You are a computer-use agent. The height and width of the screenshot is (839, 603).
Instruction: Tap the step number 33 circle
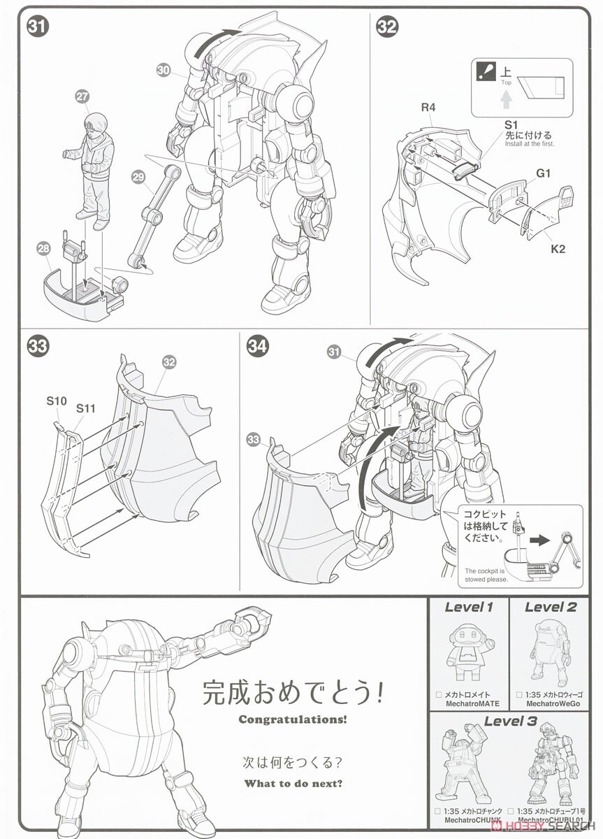[x=37, y=347]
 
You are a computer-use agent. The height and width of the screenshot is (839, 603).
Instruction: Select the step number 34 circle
[x=258, y=347]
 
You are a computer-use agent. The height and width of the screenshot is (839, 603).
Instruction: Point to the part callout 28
[x=44, y=248]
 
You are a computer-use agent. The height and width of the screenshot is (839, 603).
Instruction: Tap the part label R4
[x=428, y=108]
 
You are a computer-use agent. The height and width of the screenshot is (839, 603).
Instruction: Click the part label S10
[x=57, y=401]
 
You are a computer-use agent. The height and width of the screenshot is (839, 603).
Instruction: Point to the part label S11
[x=87, y=407]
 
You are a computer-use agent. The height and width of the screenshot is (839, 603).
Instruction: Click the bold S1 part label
[x=511, y=123]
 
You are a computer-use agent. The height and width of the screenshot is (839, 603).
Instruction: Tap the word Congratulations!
[x=292, y=719]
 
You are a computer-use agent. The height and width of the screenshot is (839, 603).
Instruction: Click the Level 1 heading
[x=468, y=607]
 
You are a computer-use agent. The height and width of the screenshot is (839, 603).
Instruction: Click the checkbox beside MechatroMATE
[x=438, y=695]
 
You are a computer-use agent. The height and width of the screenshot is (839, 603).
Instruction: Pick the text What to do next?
[x=293, y=783]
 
